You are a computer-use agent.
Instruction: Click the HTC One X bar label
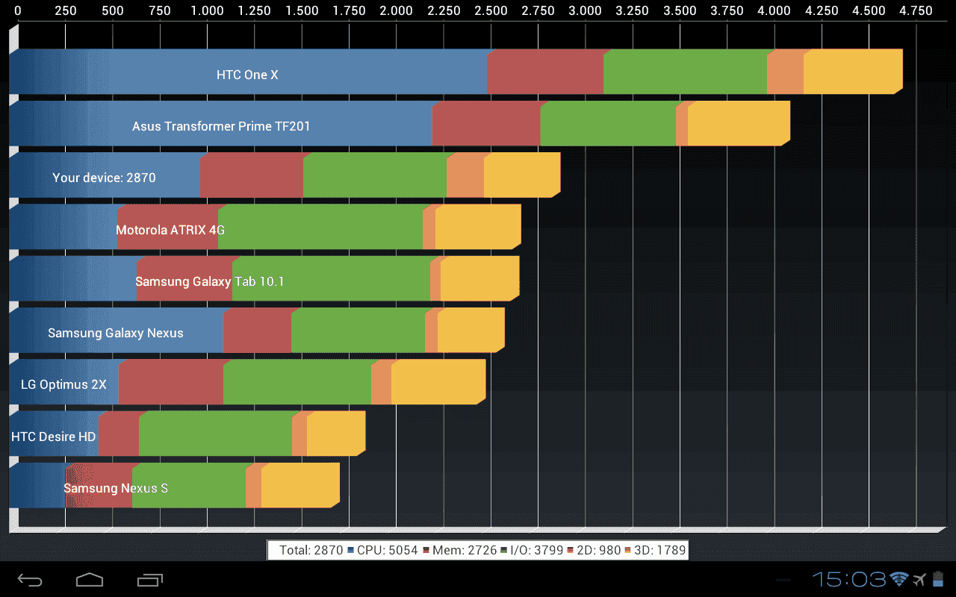pos(247,75)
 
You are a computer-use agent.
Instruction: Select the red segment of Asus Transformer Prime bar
pos(485,125)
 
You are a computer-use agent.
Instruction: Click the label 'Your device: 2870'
pos(104,178)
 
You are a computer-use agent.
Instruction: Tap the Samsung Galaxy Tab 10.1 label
pos(209,281)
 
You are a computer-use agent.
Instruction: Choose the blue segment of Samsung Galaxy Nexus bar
pos(116,331)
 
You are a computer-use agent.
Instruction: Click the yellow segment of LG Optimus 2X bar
pos(438,384)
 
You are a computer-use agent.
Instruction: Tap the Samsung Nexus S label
pos(116,488)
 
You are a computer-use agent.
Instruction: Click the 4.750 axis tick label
pos(916,10)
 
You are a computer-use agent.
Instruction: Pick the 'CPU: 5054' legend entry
pos(382,551)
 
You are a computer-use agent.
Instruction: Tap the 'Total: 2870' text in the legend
pos(311,551)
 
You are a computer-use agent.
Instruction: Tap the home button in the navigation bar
pos(90,580)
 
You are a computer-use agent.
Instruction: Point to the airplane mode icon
pos(919,579)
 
